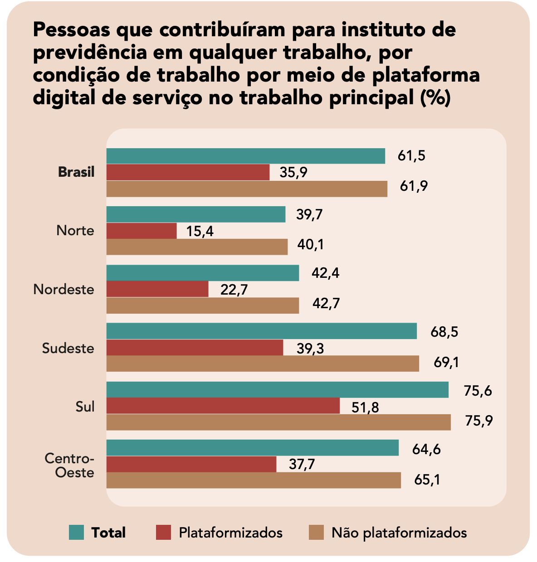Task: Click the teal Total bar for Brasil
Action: (245, 156)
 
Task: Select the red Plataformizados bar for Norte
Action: (142, 231)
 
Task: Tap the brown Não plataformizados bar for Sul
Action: (278, 422)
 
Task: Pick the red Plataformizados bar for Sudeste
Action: (195, 348)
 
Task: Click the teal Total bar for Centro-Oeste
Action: (252, 448)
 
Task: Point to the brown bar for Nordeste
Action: (203, 305)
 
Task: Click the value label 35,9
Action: (293, 173)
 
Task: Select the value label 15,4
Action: (200, 232)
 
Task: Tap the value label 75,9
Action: (478, 421)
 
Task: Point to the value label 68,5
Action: (444, 332)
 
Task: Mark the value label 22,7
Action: (234, 290)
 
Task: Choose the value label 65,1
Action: (427, 480)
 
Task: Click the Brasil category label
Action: (76, 172)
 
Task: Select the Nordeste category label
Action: (64, 289)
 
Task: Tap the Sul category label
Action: (85, 407)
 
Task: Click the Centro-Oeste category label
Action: (69, 465)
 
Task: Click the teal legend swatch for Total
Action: (77, 532)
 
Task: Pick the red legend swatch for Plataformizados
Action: (163, 532)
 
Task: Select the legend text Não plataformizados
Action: (399, 533)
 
